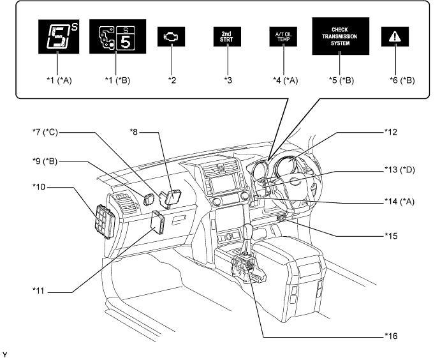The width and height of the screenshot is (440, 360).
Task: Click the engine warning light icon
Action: [x=171, y=36]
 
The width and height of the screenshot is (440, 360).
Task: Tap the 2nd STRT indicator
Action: [x=227, y=36]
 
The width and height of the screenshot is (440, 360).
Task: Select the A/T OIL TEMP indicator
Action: [x=283, y=36]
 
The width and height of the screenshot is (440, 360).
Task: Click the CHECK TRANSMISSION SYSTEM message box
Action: [x=341, y=36]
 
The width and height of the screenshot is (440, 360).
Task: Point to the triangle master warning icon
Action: [x=395, y=36]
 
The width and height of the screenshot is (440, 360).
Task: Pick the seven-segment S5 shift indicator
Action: [x=59, y=36]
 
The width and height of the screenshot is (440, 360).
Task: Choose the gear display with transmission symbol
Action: [x=117, y=36]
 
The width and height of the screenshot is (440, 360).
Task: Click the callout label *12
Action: [x=391, y=132]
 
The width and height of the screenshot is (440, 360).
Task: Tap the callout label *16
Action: [x=391, y=336]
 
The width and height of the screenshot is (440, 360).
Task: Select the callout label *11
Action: [x=38, y=290]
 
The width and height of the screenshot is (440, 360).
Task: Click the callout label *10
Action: [x=39, y=187]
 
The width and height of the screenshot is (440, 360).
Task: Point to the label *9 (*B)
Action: [x=45, y=161]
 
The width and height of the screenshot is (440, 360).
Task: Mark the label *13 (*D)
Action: [x=399, y=170]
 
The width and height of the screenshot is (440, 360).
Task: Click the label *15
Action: [x=391, y=236]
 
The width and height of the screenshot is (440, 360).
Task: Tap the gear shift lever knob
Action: [x=248, y=230]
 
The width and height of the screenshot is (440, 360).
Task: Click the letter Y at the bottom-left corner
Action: [x=4, y=355]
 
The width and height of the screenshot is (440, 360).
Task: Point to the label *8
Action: [x=133, y=131]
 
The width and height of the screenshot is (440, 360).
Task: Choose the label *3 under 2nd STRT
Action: [x=228, y=80]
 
